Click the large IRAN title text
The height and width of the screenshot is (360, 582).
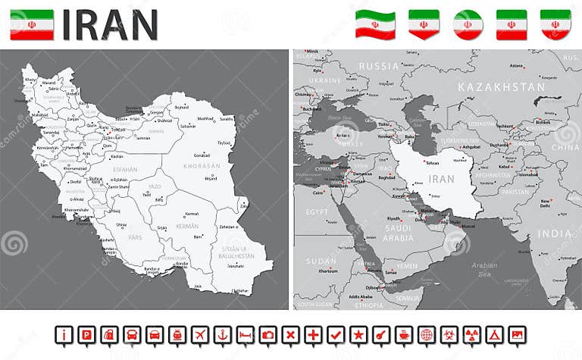[110, 24]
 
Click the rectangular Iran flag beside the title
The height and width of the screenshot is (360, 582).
[31, 24]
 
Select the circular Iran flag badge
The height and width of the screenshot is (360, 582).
[468, 24]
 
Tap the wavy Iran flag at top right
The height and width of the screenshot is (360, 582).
[377, 24]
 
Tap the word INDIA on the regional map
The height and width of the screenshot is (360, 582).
[554, 233]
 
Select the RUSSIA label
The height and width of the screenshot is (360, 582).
[379, 66]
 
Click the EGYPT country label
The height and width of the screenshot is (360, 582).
[317, 211]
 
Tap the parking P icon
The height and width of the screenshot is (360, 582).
[87, 334]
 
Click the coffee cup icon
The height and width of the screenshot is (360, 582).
[404, 334]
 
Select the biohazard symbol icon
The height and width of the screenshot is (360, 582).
[449, 334]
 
